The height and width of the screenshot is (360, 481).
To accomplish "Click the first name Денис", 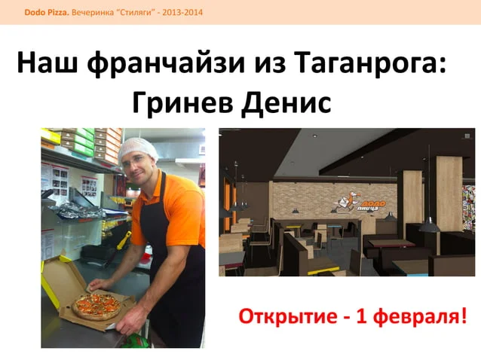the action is click(286, 103).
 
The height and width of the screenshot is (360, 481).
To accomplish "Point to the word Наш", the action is click(47, 63).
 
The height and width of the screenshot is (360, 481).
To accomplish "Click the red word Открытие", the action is click(288, 316).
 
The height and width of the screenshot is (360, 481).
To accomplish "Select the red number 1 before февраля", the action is click(361, 316).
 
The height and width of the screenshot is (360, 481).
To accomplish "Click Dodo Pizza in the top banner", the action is click(47, 13).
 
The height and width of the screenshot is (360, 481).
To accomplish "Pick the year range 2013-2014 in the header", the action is click(182, 13).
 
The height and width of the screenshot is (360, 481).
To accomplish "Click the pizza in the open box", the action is click(97, 306).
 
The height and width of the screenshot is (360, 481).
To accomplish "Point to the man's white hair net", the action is click(138, 148).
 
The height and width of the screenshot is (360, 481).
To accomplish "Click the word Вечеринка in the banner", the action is click(93, 13).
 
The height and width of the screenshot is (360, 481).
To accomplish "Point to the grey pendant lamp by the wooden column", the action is click(430, 226).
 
